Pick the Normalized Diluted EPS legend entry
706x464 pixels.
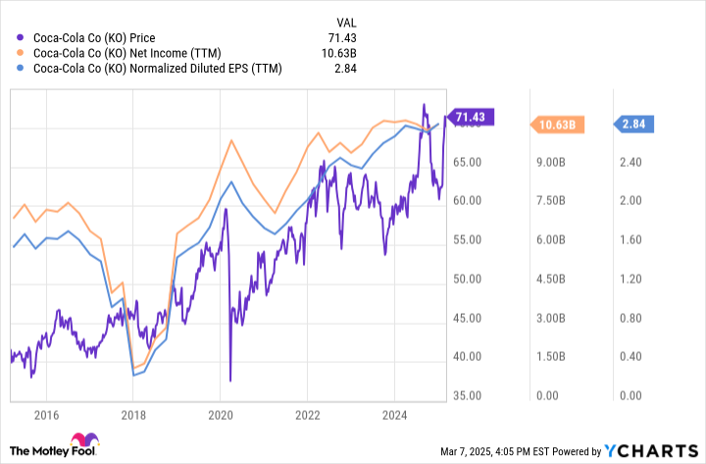157,70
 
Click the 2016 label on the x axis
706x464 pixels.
45,416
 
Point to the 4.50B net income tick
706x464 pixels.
551,279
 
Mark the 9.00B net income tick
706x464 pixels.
551,162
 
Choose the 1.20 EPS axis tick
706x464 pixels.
630,279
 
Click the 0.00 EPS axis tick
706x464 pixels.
630,396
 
